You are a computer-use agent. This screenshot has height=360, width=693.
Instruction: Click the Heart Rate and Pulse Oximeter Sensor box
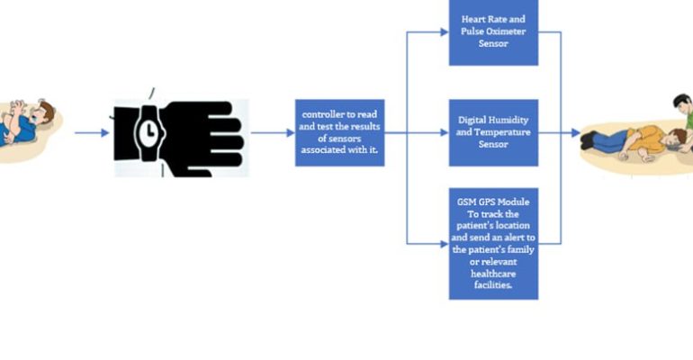coord(494,32)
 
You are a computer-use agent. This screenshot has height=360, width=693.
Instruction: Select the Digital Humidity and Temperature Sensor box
coord(494,132)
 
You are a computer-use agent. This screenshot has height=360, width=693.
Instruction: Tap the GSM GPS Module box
coord(494,243)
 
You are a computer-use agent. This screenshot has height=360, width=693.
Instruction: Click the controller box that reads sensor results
coord(340,132)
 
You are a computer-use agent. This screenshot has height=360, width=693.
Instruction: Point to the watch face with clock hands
coord(149,131)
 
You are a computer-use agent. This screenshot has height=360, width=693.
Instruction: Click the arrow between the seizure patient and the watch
coord(92,132)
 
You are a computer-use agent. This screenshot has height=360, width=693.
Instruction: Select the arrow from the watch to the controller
coord(273,132)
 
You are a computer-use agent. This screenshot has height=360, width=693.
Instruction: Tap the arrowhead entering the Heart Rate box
coord(445,31)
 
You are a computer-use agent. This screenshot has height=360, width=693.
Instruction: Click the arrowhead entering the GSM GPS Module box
coord(445,244)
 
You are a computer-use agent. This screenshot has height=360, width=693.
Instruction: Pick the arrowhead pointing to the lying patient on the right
coord(576,132)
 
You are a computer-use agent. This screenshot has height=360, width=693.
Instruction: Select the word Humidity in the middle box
coord(511,120)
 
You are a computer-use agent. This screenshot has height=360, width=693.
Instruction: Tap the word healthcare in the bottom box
coord(493,274)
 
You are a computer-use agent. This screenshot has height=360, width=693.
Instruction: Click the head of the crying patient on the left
coord(43,112)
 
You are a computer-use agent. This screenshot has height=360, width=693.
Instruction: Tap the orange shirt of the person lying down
coord(647,139)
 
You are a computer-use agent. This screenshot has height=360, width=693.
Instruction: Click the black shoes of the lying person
coord(589,139)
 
